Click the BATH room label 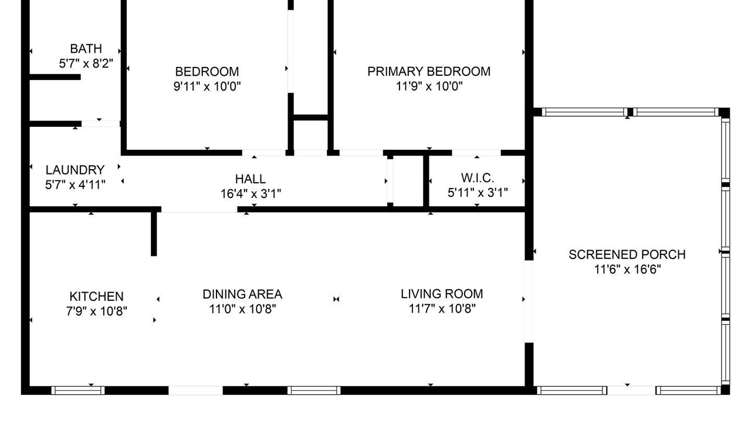86,49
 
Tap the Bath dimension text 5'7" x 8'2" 86,63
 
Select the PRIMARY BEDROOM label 429,72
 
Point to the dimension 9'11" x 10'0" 207,86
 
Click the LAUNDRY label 75,170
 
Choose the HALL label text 251,179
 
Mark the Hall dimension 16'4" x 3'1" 251,194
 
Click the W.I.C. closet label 478,177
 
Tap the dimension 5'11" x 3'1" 478,192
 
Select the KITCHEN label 97,297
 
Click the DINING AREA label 242,294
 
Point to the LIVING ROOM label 442,294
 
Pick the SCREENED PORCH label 627,254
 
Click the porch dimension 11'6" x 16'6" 627,269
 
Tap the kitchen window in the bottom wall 78,391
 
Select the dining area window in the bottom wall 314,391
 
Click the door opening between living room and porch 529,301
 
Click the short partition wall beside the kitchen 154,231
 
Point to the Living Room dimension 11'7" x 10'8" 442,308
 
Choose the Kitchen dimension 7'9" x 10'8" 97,311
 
